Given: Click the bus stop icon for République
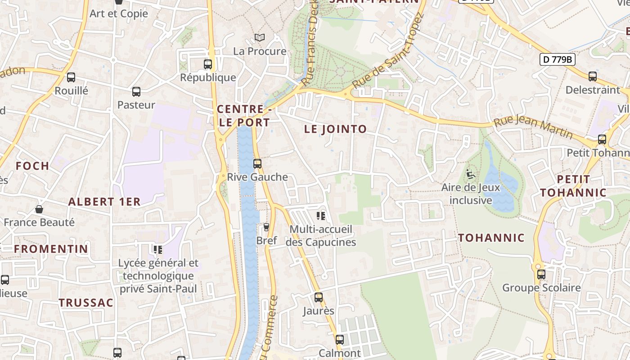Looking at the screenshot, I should pos(207,64).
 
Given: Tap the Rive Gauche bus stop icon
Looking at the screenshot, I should pos(257,164).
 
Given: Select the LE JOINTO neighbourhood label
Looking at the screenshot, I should pos(336,129).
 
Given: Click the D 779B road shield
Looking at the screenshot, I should pos(557,59).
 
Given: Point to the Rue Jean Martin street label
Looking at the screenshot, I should pos(533,128).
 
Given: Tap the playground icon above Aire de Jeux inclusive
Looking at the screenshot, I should pos(471,174).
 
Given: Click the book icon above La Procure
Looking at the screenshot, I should pos(259,38).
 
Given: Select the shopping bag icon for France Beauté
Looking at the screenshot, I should pos(39,209).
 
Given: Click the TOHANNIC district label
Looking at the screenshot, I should pos(491,238).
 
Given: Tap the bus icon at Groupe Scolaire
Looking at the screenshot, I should pos(541,274).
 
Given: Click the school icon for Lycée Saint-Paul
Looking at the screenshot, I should pos(157,249).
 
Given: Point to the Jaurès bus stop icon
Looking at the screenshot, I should pos(318,297).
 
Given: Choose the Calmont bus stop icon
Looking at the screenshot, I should pos(339,340).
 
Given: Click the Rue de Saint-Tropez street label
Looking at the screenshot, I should pos(388,52).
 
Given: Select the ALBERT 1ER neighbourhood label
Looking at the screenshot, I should pos(104,202).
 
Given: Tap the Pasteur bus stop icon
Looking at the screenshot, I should pos(136,92).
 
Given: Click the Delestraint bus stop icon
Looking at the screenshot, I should pos(592,76).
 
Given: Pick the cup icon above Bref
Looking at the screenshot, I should pos(266,227).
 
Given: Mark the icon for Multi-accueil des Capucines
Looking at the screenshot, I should pos(320,216).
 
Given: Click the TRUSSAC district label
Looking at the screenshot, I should pos(86,303).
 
